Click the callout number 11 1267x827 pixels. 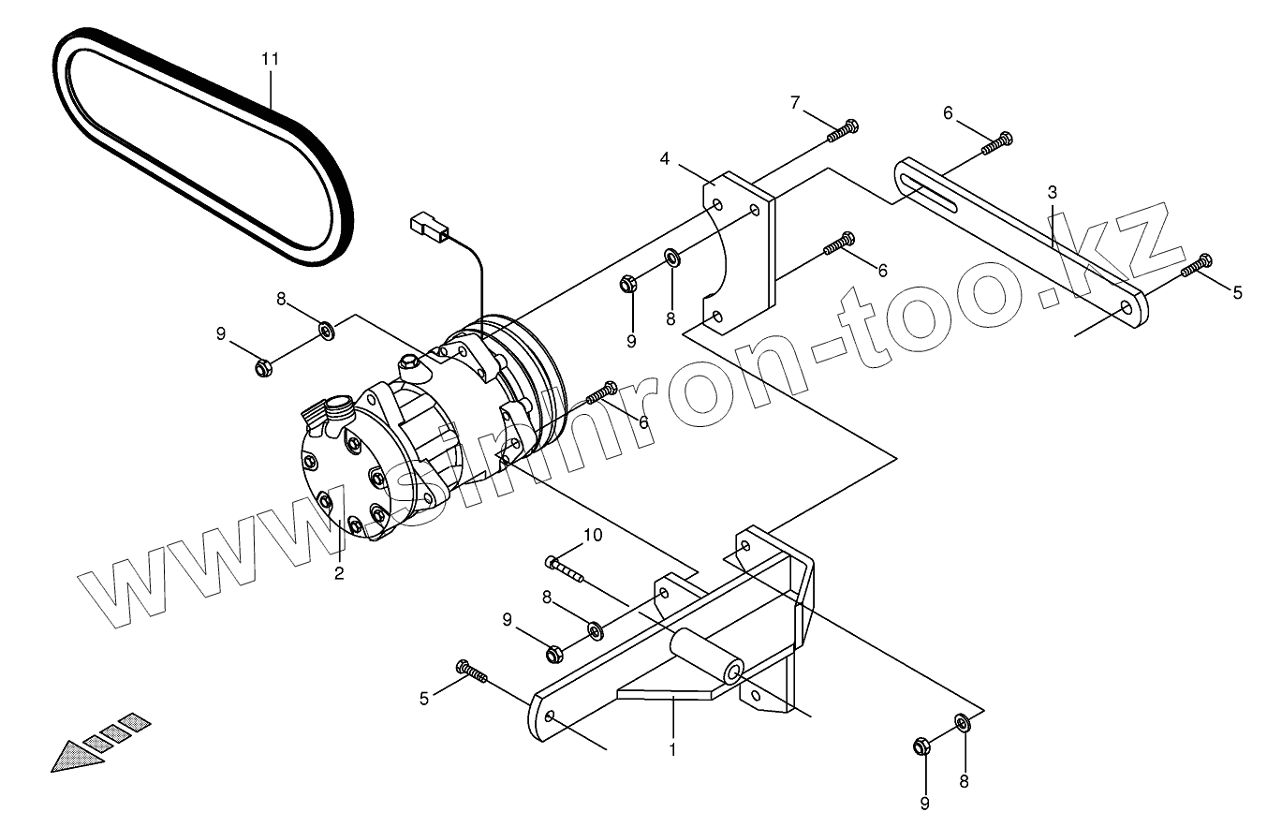[x=271, y=59]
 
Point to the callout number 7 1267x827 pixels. [x=796, y=102]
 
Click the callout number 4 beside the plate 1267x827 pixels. [x=665, y=158]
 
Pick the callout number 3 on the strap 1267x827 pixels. [x=1053, y=192]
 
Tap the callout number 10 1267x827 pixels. [x=593, y=535]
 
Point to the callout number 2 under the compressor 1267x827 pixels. [x=339, y=572]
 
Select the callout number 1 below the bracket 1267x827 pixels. [x=672, y=749]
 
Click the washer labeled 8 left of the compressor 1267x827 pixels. [x=327, y=330]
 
